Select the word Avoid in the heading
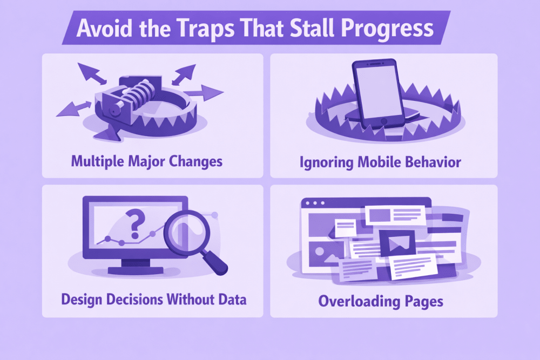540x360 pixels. click(104, 28)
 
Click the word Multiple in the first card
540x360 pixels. click(97, 161)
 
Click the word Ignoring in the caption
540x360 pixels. click(327, 162)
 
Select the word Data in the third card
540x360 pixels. click(232, 300)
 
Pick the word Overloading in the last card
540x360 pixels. click(359, 302)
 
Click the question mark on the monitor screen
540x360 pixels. click(134, 224)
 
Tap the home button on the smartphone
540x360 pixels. click(383, 121)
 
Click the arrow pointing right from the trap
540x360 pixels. click(204, 93)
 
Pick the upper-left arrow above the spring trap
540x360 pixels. click(91, 73)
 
